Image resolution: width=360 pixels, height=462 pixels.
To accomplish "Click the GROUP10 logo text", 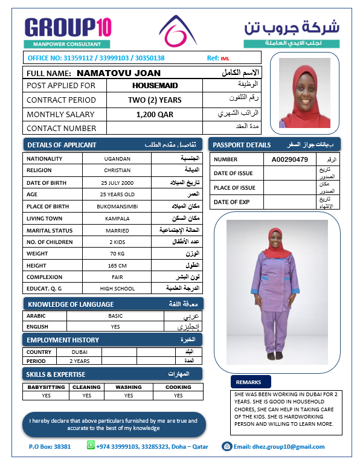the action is [68, 27].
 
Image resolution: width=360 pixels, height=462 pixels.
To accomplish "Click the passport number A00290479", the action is [290, 159].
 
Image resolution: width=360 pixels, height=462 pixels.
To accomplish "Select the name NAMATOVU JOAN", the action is [127, 72].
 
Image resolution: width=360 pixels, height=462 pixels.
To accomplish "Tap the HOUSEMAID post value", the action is [155, 86].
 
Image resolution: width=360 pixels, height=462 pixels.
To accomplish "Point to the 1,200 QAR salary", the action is [154, 114].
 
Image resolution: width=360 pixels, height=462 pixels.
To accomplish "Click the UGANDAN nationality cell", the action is [117, 158].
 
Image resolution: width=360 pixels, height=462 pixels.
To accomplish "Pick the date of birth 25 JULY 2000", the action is [117, 182].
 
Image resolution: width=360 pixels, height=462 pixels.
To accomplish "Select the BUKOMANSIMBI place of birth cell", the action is [117, 207].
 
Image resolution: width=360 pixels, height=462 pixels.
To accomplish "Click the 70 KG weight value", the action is [117, 254].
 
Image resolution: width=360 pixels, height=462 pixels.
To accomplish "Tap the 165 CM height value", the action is [117, 266].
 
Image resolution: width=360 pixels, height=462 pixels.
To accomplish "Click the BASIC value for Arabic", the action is [115, 316].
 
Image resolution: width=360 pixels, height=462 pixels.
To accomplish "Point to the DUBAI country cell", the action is [79, 351].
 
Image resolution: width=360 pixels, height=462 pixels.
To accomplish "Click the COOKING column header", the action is [178, 387].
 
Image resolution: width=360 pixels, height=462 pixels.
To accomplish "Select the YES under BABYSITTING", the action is [47, 396].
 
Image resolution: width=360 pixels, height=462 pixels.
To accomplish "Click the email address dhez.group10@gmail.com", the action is [279, 447].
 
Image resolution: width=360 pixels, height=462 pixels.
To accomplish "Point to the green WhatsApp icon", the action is [91, 445].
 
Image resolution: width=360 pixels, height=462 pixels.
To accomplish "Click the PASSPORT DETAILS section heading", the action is [274, 145].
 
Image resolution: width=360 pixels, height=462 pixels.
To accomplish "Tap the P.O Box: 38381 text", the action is [50, 447].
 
